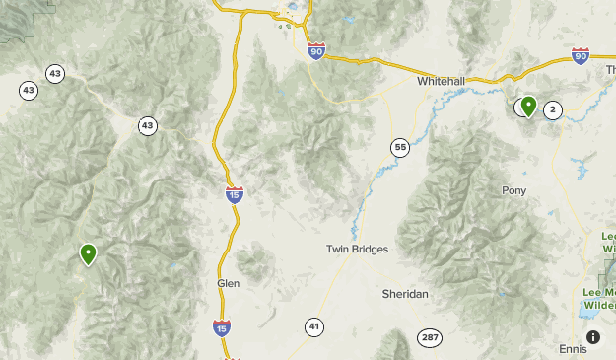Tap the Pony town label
pyautogui.click(x=513, y=190)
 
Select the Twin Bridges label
pyautogui.click(x=357, y=250)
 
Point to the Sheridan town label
pyautogui.click(x=405, y=294)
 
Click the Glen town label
pyautogui.click(x=228, y=283)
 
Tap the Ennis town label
pyautogui.click(x=573, y=349)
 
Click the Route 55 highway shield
pyautogui.click(x=399, y=148)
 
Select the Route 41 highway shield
pyautogui.click(x=313, y=327)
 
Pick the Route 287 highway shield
pyautogui.click(x=429, y=338)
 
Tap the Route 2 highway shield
pyautogui.click(x=552, y=110)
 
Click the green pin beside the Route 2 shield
pyautogui.click(x=528, y=105)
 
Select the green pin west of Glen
pyautogui.click(x=89, y=253)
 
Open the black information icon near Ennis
pyautogui.click(x=593, y=337)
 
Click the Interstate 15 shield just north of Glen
pyautogui.click(x=234, y=195)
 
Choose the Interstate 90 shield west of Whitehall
pyautogui.click(x=315, y=51)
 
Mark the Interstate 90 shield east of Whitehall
pyautogui.click(x=580, y=56)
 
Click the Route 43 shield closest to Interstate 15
pyautogui.click(x=147, y=125)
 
